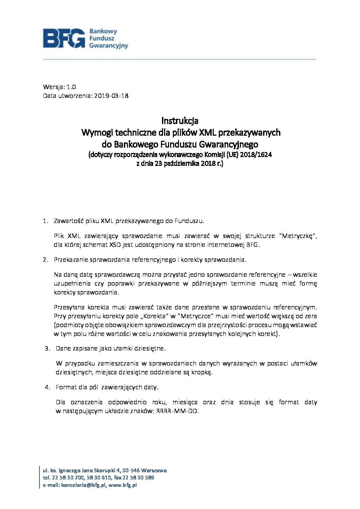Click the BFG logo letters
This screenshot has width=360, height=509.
(x=64, y=38)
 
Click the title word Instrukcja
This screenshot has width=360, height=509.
(x=180, y=121)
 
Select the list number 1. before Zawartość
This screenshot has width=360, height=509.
(x=46, y=221)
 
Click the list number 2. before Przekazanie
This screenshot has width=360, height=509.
(x=46, y=260)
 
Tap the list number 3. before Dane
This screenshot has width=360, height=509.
(x=48, y=349)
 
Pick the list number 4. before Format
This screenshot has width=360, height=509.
(x=48, y=387)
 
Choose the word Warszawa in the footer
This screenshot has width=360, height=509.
(x=154, y=471)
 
